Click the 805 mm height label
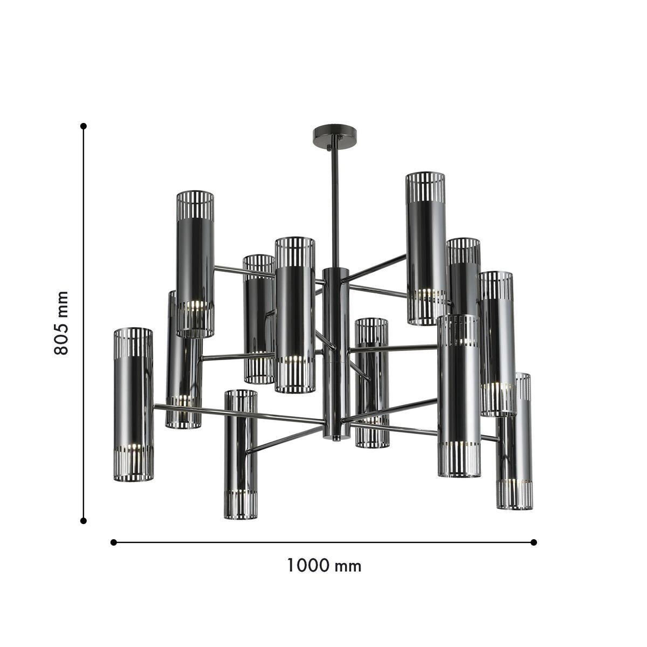point(62,322)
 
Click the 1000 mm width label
point(323,566)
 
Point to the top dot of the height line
point(84,126)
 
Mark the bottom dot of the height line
point(84,520)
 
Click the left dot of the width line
point(113,542)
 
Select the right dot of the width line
point(534,542)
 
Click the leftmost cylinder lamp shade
point(133,404)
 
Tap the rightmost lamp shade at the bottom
point(515,442)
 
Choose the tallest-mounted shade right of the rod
point(426,248)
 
